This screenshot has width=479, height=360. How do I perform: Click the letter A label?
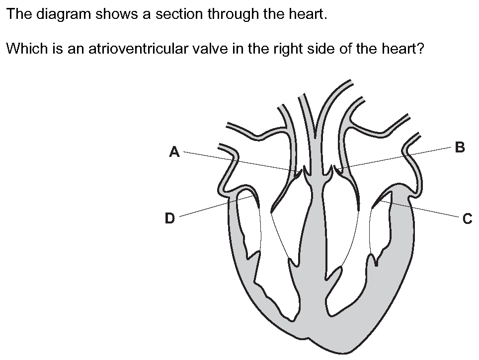(x=174, y=152)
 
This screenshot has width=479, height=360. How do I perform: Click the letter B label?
(x=460, y=147)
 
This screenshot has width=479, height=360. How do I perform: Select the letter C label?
(x=468, y=219)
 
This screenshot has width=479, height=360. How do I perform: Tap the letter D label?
(x=169, y=218)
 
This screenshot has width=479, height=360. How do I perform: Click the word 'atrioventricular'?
(x=138, y=49)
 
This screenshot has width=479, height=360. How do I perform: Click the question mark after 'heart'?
(x=420, y=49)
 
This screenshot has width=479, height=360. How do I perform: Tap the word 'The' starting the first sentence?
(x=19, y=14)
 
